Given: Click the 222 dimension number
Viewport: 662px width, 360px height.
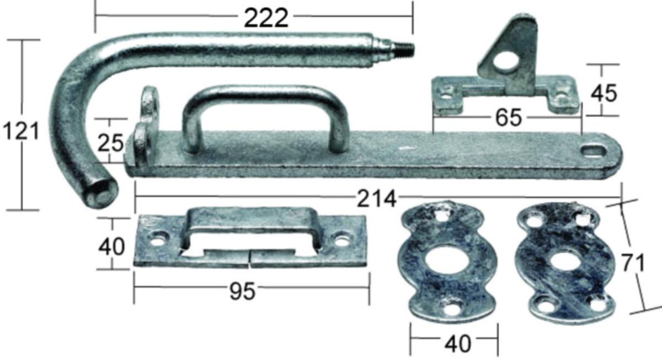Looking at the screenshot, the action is pyautogui.click(x=266, y=18).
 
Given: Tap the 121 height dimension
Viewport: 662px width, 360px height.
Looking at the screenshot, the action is pyautogui.click(x=21, y=131).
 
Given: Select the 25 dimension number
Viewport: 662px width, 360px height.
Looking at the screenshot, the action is pyautogui.click(x=110, y=143).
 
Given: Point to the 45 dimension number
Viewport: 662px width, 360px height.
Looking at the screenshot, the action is pyautogui.click(x=604, y=93).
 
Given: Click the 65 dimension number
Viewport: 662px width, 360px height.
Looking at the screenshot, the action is pyautogui.click(x=509, y=118).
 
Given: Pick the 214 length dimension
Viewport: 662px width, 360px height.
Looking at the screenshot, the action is pyautogui.click(x=376, y=198).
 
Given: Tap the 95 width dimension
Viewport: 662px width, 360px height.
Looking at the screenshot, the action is pyautogui.click(x=242, y=291).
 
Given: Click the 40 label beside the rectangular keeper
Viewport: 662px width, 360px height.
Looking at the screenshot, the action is pyautogui.click(x=111, y=247).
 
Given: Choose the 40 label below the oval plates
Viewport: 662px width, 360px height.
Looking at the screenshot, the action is pyautogui.click(x=458, y=343).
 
